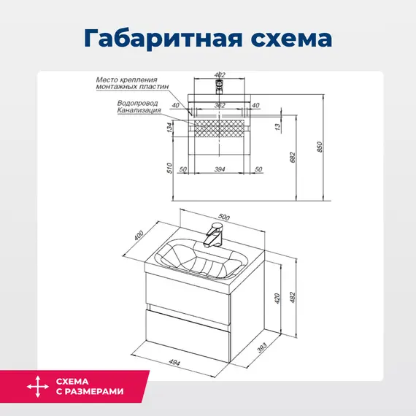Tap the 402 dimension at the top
[221, 74]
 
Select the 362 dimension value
[219, 106]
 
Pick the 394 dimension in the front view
[220, 169]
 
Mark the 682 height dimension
[292, 157]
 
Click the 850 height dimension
[319, 147]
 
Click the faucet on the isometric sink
[215, 234]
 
